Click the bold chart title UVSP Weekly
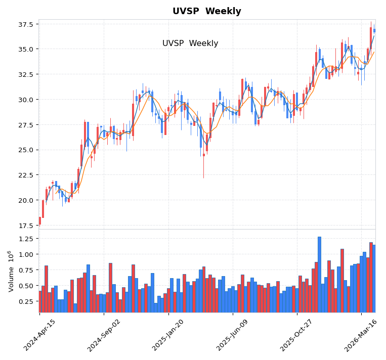click(206, 11)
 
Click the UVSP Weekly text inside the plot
click(190, 43)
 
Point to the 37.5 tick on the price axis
click(25, 24)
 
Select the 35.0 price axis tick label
click(25, 49)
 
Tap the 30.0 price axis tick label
click(25, 100)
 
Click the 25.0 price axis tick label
click(25, 150)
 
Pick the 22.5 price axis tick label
click(25, 175)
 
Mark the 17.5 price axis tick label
click(25, 226)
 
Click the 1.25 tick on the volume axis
click(23, 238)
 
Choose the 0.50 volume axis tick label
click(23, 286)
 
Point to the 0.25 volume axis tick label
click(23, 301)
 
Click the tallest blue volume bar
click(319, 275)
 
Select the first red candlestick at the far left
click(40, 220)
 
